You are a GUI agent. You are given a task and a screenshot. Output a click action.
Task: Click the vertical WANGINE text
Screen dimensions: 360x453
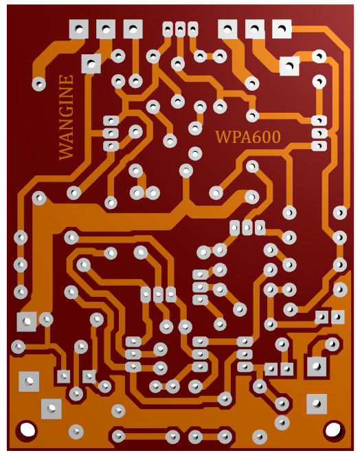(66, 118)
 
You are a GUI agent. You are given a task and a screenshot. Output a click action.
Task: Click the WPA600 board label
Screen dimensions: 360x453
(248, 137)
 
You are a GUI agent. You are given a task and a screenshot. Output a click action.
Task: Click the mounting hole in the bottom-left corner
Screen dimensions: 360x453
(26, 430)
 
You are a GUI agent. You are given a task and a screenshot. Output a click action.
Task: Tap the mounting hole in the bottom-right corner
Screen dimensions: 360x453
(333, 430)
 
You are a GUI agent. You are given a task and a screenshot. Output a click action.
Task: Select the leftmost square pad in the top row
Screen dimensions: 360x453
(79, 29)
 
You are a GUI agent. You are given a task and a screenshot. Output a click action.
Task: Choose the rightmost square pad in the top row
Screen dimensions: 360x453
(282, 29)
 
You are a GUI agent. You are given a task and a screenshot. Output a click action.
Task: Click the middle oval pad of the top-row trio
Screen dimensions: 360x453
(180, 29)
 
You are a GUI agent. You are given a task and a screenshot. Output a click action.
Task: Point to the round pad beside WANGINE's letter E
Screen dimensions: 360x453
(39, 85)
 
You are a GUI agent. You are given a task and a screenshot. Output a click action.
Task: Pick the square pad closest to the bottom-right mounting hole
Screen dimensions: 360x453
(317, 404)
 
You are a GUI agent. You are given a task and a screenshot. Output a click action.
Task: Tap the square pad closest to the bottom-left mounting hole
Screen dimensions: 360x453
(52, 409)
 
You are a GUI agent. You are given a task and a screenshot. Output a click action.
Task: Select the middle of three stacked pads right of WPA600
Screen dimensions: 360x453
(319, 133)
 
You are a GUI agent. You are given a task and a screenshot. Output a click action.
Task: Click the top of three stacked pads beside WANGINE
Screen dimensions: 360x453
(111, 120)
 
